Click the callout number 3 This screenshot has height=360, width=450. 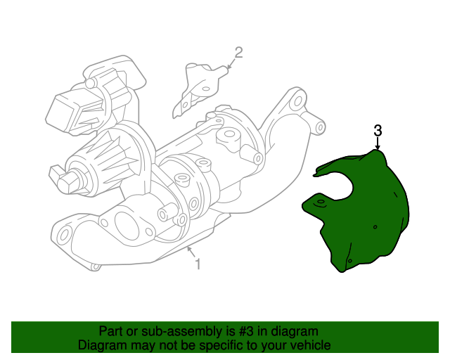point(378,131)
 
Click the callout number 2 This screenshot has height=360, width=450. point(238,52)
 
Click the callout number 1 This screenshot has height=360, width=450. point(198,264)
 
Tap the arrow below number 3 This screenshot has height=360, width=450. point(378,143)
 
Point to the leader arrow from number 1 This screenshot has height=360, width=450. point(191,253)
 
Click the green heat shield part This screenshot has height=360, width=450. point(366,211)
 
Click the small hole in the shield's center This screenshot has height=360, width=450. point(375,227)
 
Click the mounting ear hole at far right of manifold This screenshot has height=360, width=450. point(320,128)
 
